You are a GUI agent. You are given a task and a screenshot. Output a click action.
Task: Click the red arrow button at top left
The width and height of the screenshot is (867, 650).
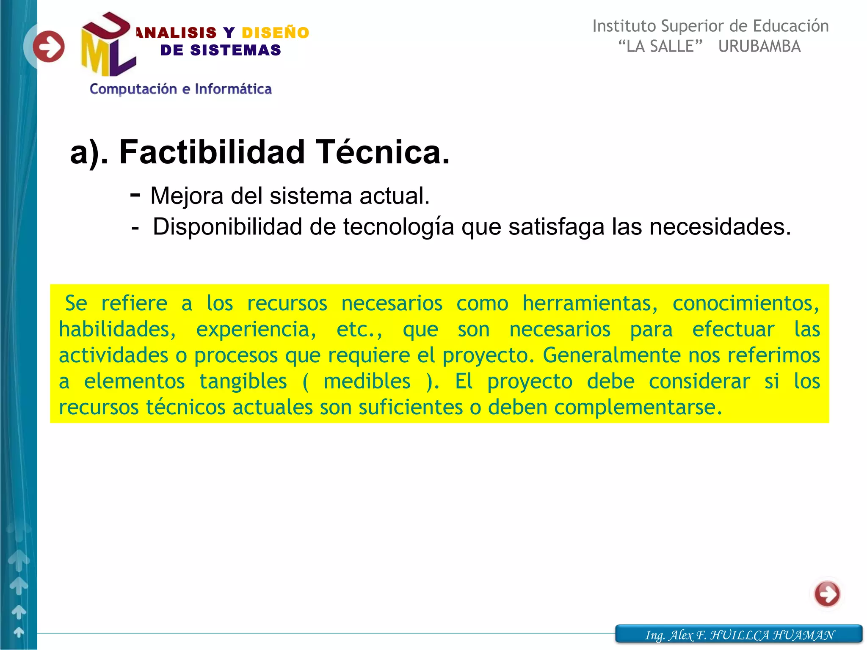[49, 47]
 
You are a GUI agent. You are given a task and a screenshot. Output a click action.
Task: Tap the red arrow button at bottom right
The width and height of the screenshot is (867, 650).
[827, 594]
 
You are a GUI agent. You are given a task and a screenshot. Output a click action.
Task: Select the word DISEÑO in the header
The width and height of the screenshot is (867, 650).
[275, 33]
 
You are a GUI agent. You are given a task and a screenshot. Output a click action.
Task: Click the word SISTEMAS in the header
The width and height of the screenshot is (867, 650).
[235, 50]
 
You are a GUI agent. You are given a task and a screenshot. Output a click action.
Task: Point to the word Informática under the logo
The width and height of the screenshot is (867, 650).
[233, 89]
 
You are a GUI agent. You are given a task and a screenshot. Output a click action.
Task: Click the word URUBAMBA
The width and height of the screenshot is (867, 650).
[759, 46]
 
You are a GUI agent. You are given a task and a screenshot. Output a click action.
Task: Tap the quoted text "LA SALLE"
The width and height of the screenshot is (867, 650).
[660, 46]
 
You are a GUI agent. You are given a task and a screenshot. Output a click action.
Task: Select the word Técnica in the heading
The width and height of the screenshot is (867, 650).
[383, 152]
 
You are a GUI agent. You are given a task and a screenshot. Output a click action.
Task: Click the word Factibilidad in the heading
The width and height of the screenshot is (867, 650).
[212, 152]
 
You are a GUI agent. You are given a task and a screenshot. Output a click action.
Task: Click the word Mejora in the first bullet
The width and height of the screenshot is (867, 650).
[187, 196]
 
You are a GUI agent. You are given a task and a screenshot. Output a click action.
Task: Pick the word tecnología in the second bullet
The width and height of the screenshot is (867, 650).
[398, 227]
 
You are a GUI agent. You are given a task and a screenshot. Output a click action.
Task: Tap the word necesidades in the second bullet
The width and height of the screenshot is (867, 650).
[720, 227]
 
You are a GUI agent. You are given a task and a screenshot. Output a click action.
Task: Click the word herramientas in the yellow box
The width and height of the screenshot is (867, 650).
[590, 303]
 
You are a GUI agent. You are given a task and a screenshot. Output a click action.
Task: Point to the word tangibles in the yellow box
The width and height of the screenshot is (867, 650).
[243, 381]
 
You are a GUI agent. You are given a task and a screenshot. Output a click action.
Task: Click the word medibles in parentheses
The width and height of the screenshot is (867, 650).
[367, 381]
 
